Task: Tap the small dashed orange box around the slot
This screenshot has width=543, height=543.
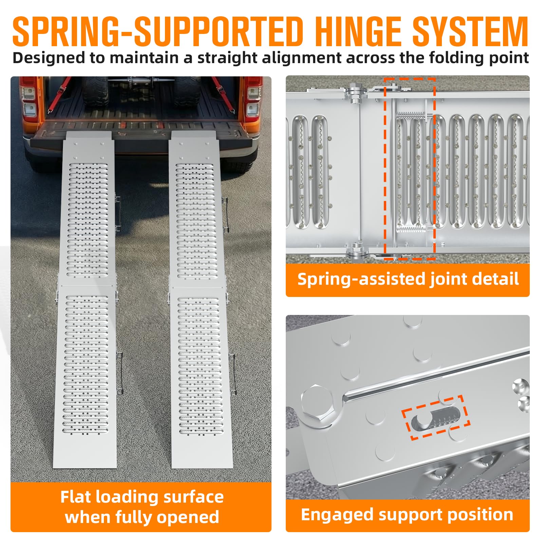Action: (436, 418)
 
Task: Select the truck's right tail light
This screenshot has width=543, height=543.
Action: (253, 98)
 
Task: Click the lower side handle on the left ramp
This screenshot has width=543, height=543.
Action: (119, 373)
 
